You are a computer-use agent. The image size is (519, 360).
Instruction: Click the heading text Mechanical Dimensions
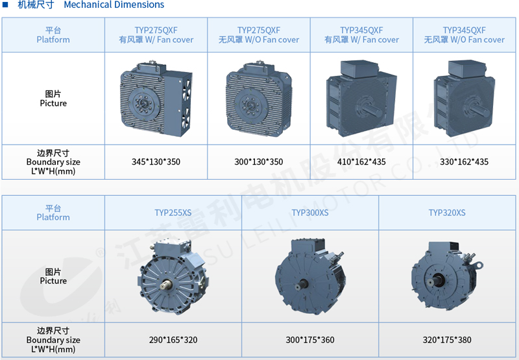pyautogui.click(x=114, y=5)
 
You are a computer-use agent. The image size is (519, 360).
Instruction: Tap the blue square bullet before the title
pyautogui.click(x=5, y=5)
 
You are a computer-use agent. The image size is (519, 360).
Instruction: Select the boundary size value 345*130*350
pyautogui.click(x=156, y=162)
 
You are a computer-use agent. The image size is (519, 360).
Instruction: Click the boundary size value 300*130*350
pyautogui.click(x=258, y=162)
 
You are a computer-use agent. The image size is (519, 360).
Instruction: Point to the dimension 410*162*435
pyautogui.click(x=361, y=162)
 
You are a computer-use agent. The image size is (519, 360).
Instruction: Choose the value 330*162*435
pyautogui.click(x=464, y=162)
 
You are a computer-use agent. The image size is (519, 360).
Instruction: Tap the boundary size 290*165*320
pyautogui.click(x=173, y=340)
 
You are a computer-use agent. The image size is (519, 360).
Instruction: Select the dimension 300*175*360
pyautogui.click(x=310, y=340)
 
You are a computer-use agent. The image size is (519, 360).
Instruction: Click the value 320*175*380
pyautogui.click(x=447, y=340)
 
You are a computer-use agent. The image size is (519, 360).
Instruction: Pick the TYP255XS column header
pyautogui.click(x=173, y=213)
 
